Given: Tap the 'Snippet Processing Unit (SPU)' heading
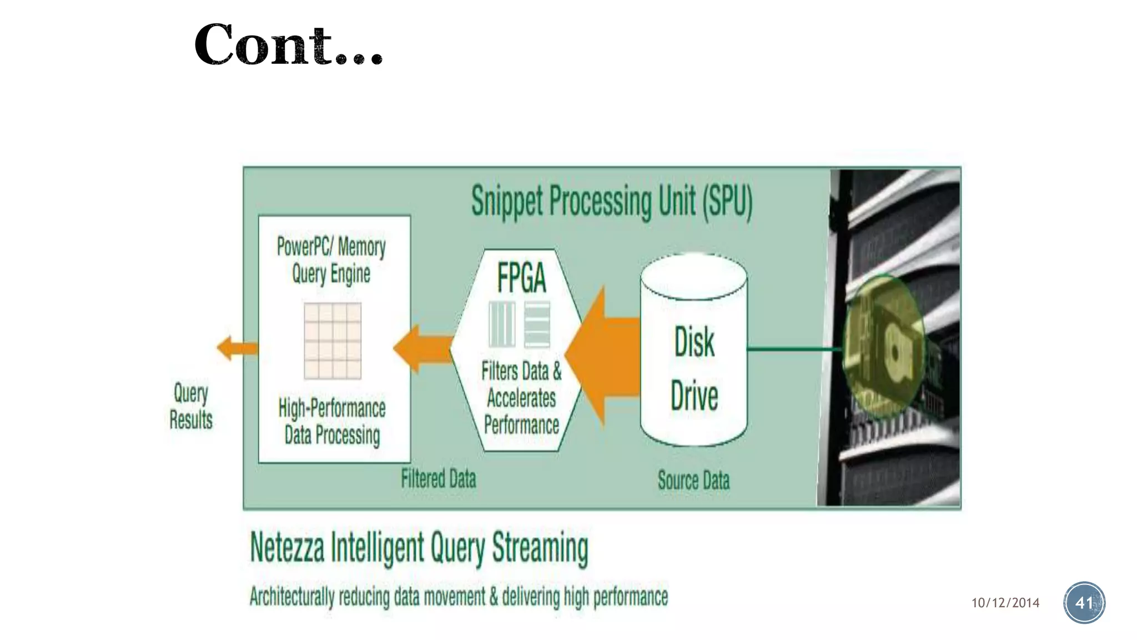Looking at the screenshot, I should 611,201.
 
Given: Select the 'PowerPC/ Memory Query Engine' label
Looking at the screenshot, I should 331,260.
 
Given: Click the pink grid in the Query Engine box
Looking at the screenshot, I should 333,341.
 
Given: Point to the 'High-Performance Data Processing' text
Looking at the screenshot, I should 332,421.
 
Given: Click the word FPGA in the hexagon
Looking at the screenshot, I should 521,278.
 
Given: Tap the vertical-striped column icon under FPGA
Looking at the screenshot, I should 502,324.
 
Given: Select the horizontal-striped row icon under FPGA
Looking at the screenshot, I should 537,324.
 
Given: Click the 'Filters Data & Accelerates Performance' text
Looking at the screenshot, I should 521,398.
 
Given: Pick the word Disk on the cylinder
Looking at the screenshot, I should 694,342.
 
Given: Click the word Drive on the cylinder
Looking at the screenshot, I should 694,396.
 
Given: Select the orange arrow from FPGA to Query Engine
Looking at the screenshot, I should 423,349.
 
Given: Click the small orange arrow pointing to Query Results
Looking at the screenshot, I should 237,348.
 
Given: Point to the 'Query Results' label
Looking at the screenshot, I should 191,406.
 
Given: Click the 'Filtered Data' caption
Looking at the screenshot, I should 439,479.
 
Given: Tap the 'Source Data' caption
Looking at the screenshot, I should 693,480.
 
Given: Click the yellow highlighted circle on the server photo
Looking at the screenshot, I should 883,346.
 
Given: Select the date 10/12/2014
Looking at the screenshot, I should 1005,603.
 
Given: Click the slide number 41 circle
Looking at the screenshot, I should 1084,603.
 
